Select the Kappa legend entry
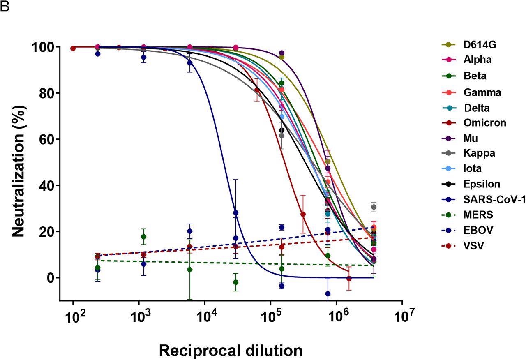[x=479, y=153]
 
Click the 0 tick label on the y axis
[x=50, y=278]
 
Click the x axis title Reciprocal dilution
[x=231, y=351]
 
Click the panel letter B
[x=5, y=7]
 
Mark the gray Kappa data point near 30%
[x=374, y=207]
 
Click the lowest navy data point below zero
[x=328, y=294]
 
